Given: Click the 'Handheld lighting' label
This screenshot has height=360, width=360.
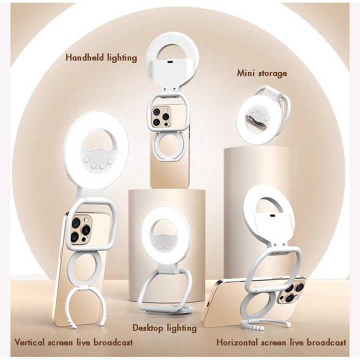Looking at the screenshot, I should (x=101, y=57).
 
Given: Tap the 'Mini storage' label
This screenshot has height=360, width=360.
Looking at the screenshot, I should (x=262, y=73).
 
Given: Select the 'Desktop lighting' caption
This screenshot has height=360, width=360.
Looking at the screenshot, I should (x=164, y=328).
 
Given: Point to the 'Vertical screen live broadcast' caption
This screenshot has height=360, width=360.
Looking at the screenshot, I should (x=73, y=342).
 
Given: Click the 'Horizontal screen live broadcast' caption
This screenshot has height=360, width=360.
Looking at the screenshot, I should (x=281, y=342).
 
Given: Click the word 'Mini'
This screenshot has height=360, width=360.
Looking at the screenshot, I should (x=246, y=73).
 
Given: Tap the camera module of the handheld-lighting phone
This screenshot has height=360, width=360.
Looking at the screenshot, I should (x=161, y=116).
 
